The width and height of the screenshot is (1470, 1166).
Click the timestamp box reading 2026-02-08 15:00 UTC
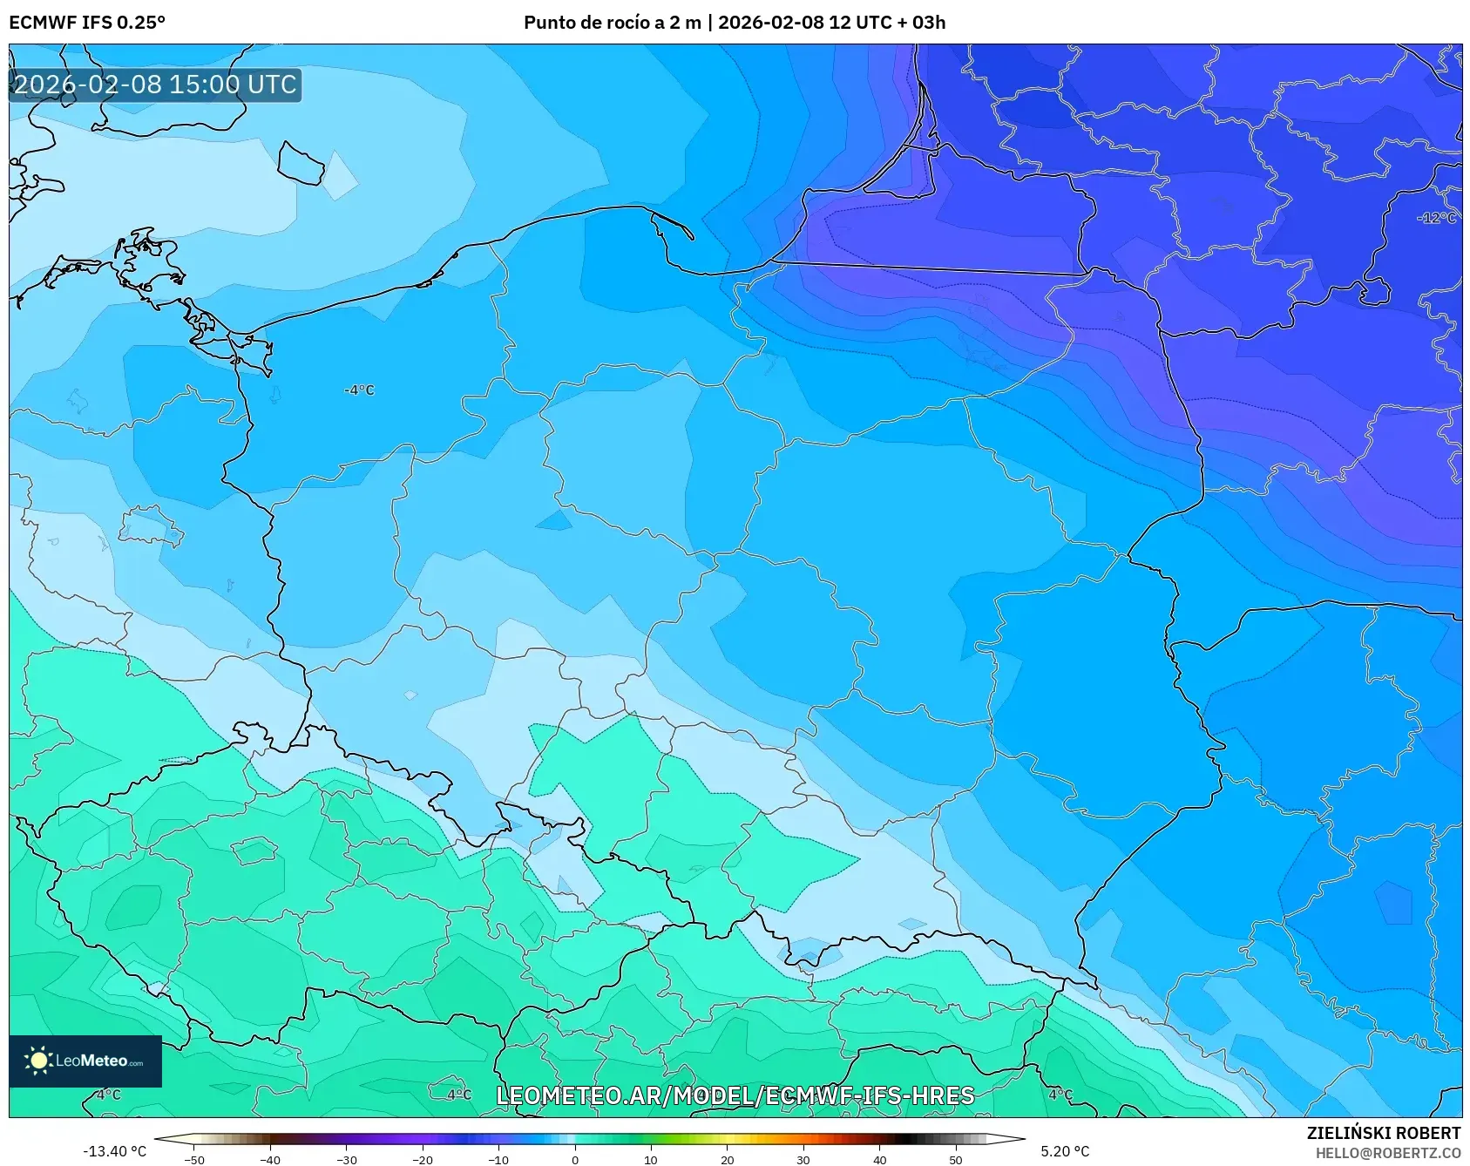pos(155,85)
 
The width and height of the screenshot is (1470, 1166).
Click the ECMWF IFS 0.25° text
pos(87,23)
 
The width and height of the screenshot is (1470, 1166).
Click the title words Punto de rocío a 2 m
pos(612,23)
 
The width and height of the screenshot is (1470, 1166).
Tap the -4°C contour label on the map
pos(359,390)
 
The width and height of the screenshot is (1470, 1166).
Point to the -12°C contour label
pos(1436,218)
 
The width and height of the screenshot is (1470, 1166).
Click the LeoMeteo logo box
pos(85,1061)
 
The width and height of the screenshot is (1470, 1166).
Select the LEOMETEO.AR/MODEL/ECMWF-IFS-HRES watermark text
pos(735,1095)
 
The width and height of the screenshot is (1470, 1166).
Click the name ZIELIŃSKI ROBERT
pos(1383,1133)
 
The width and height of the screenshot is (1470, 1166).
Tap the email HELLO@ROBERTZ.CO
pos(1387,1153)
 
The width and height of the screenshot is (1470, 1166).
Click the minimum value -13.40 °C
pos(114,1151)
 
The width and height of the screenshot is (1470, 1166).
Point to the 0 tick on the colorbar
pos(574,1159)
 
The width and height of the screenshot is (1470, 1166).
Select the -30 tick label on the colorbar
pos(346,1159)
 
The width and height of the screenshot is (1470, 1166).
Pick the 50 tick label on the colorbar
pos(955,1159)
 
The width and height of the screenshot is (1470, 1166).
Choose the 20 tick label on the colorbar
pos(727,1159)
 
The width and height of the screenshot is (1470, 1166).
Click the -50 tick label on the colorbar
pos(193,1159)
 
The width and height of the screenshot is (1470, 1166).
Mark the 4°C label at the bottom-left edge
pos(108,1095)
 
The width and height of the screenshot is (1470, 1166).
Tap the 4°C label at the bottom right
pos(1060,1095)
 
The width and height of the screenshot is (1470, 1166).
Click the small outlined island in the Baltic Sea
pos(301,163)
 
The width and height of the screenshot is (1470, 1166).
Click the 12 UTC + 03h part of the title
pos(887,23)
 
